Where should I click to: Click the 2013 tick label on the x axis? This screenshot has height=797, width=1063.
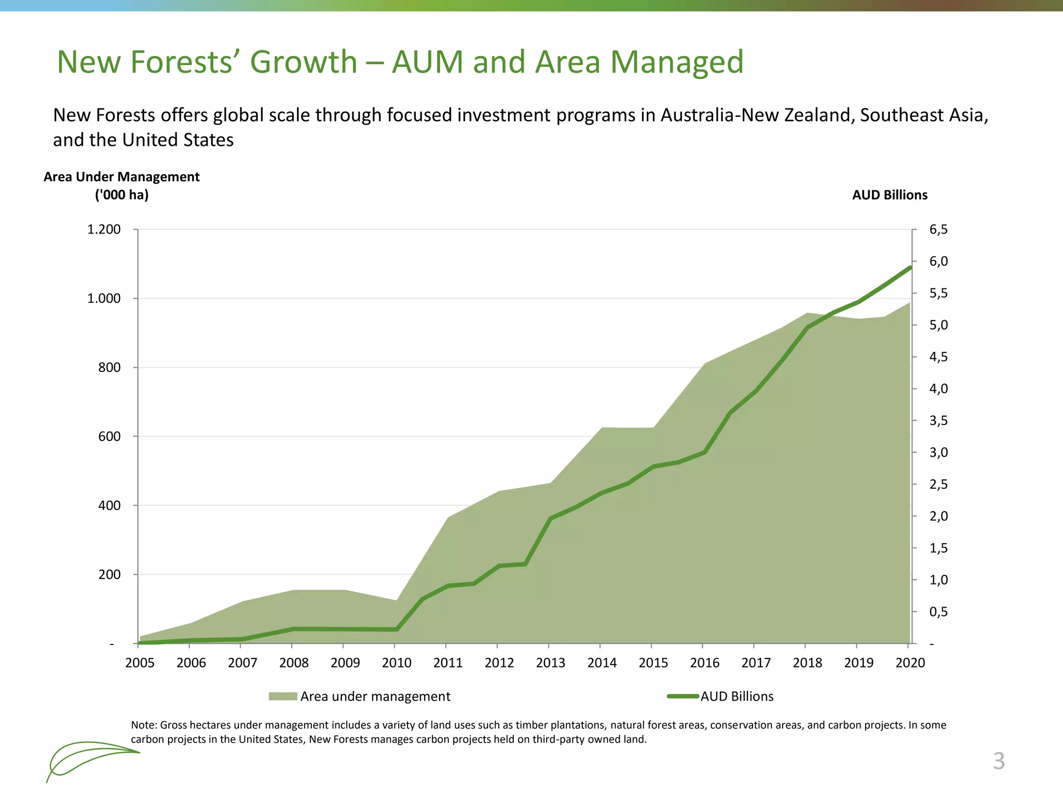[x=550, y=663]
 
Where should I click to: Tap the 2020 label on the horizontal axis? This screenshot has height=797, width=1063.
[x=910, y=663]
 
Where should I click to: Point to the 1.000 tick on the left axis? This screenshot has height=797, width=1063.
[x=104, y=298]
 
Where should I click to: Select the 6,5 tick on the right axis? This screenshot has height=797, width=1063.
[x=938, y=229]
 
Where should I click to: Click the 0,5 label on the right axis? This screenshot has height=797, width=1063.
[x=938, y=612]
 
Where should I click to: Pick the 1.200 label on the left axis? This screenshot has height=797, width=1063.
[x=104, y=229]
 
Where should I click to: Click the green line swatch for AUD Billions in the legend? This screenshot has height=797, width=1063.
[x=683, y=696]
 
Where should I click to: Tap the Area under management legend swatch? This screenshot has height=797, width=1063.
[x=283, y=696]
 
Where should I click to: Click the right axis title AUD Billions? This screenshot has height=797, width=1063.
[x=890, y=195]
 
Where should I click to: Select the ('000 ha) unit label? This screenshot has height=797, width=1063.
[x=121, y=195]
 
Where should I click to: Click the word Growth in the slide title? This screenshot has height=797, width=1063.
[x=304, y=62]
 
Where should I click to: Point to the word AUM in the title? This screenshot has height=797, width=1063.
[x=427, y=62]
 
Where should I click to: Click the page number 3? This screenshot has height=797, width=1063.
[x=999, y=761]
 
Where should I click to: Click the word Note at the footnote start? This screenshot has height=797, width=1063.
[x=143, y=725]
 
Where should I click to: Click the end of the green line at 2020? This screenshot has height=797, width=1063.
[x=910, y=268]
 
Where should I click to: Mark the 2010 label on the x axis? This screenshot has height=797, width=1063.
[x=397, y=663]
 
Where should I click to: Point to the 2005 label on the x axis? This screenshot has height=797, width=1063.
[x=140, y=663]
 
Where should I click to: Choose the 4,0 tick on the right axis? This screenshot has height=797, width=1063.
[x=938, y=389]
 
